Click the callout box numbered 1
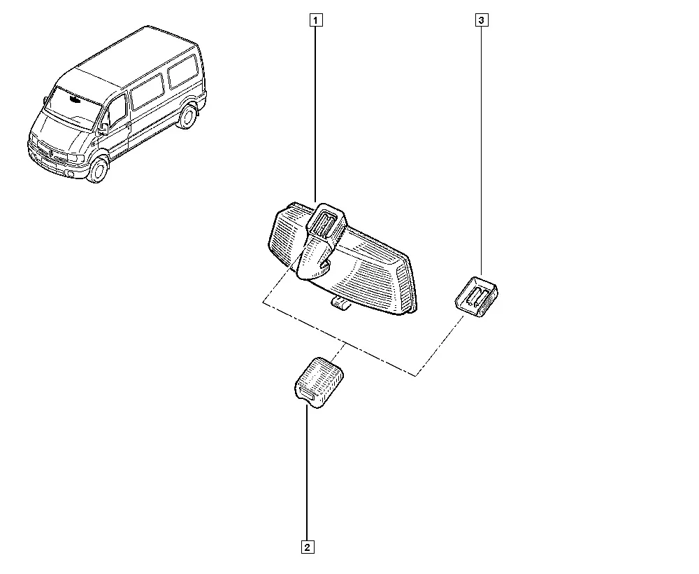(316, 20)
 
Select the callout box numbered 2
(308, 547)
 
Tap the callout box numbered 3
(482, 20)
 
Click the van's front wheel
(98, 169)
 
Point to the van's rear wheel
(187, 115)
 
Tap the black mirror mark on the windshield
(74, 99)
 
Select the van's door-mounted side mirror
(103, 129)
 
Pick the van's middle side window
(147, 92)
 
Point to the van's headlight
(75, 158)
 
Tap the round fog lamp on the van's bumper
(71, 173)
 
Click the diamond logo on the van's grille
(52, 154)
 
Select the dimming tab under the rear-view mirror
(341, 304)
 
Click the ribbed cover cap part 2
(319, 381)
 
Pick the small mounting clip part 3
(476, 296)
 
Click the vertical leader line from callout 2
(307, 472)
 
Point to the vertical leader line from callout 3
(482, 151)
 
